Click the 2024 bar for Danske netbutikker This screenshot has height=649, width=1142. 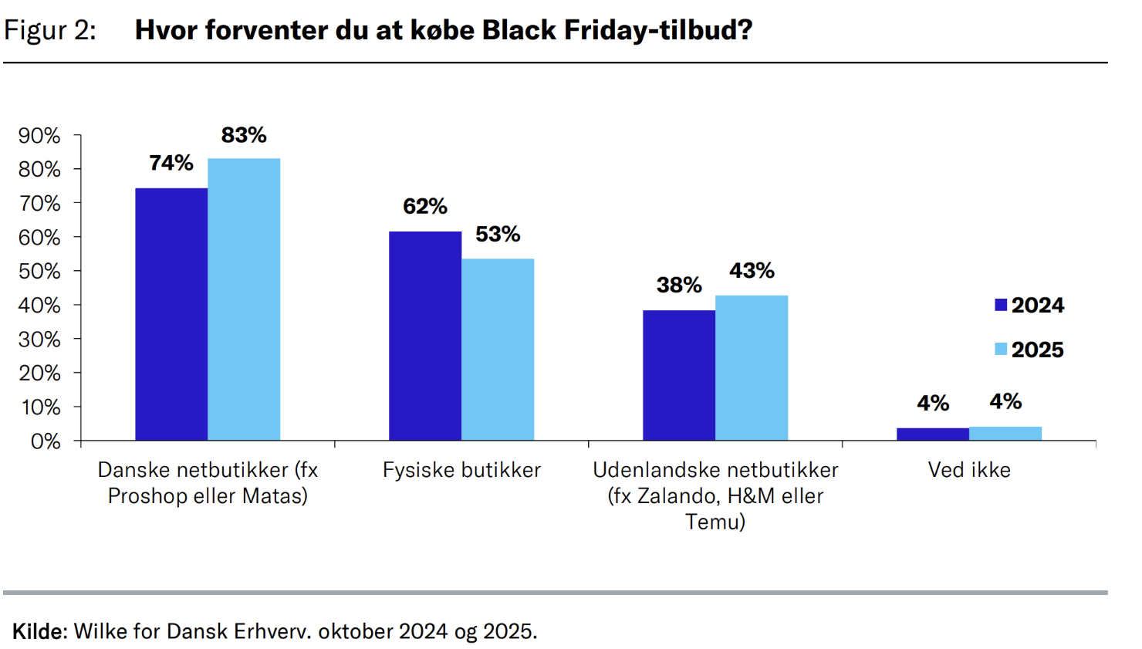point(171,314)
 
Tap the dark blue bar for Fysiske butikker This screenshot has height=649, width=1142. point(425,336)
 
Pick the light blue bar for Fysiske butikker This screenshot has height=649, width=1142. point(498,350)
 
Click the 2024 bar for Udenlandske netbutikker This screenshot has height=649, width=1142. point(679,375)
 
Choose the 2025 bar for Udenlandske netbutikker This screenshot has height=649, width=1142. point(752,368)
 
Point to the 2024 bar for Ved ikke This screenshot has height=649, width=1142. point(933,434)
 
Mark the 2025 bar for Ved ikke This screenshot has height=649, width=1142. point(1005,434)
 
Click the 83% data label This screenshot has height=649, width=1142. point(244,135)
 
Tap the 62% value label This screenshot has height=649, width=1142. point(425,206)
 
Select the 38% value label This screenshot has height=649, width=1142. point(679,285)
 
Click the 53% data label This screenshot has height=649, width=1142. point(498,234)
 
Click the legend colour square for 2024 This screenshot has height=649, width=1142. point(1001,305)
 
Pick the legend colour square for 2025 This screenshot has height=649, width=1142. point(1001,349)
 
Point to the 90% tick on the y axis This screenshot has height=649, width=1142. point(39,136)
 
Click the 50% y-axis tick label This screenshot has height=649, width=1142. point(39,272)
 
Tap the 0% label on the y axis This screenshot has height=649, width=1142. point(46,441)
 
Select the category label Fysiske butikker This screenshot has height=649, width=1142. point(461,470)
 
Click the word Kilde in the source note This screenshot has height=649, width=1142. point(39,631)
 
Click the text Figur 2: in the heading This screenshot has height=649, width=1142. point(50,30)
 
